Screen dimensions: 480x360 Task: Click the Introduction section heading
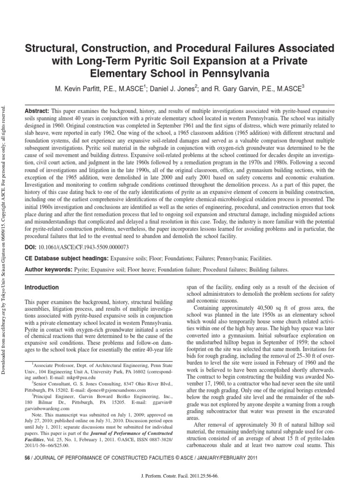coord(42,287)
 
